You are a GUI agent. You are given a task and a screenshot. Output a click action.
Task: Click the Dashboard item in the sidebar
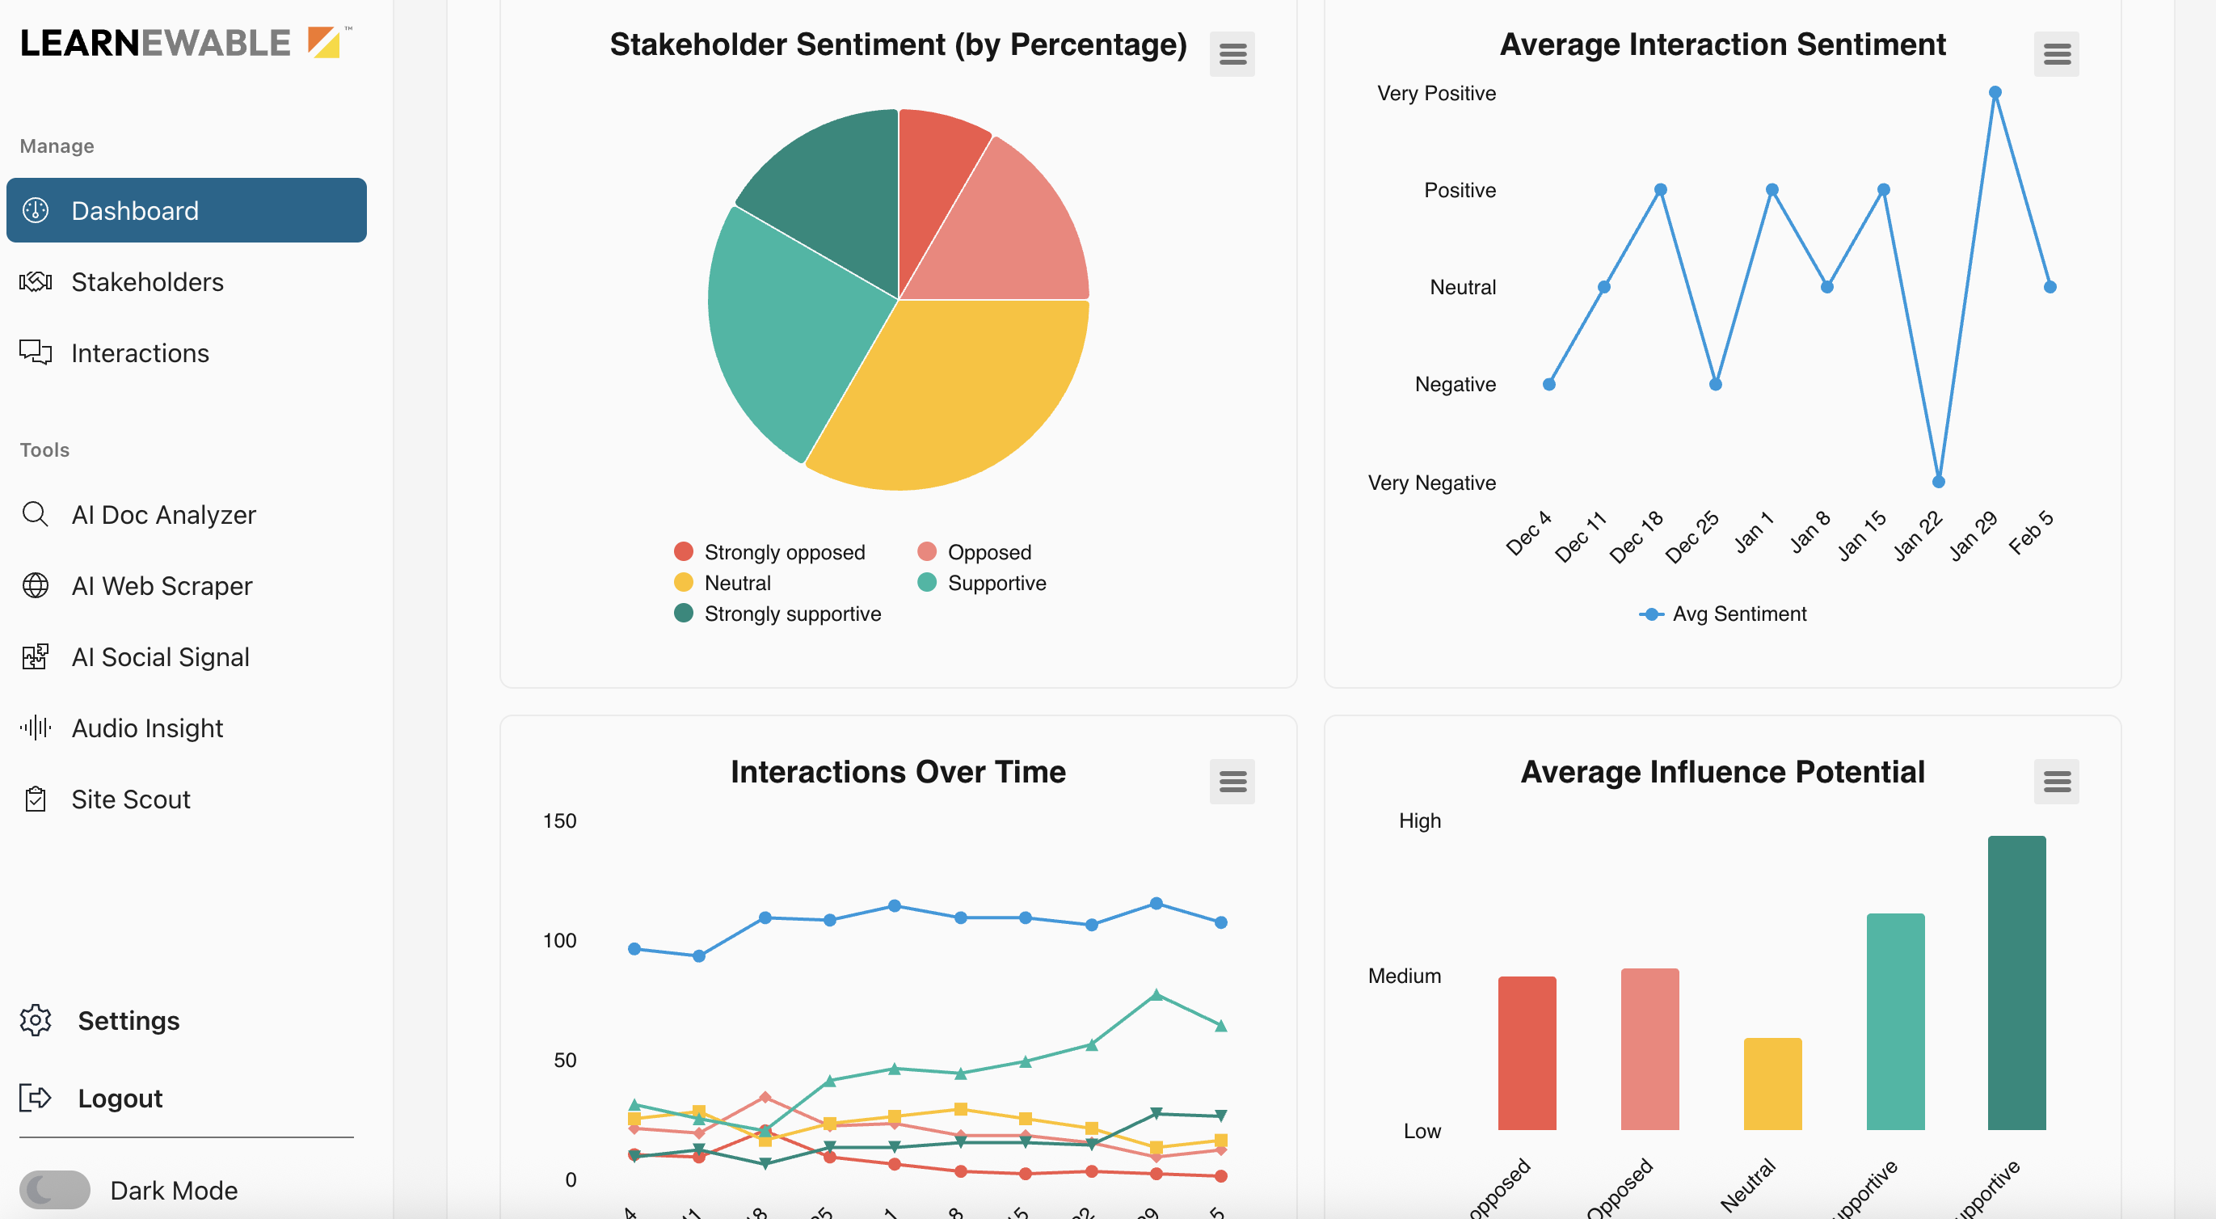tap(186, 211)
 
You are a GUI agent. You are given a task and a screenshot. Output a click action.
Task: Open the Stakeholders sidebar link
tap(146, 282)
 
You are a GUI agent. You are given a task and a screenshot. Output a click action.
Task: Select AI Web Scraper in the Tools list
tap(161, 586)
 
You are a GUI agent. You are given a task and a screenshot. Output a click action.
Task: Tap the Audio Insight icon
tap(36, 728)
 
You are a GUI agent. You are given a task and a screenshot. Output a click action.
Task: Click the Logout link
tap(120, 1099)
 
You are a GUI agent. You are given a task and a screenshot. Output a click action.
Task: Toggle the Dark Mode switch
tap(55, 1190)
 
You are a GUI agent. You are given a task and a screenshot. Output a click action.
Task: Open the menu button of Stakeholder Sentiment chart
tap(1232, 54)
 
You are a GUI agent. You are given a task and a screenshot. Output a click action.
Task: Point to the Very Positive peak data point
tap(1995, 93)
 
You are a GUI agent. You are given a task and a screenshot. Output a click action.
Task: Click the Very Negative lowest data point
tap(1938, 482)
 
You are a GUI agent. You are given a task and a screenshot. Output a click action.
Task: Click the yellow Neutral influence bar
tap(1772, 1084)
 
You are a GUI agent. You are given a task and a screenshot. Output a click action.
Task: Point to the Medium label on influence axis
tap(1404, 976)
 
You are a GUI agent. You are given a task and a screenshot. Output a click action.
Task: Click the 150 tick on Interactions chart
tap(559, 820)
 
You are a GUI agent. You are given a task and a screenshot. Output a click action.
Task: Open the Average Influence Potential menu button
tap(2056, 781)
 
